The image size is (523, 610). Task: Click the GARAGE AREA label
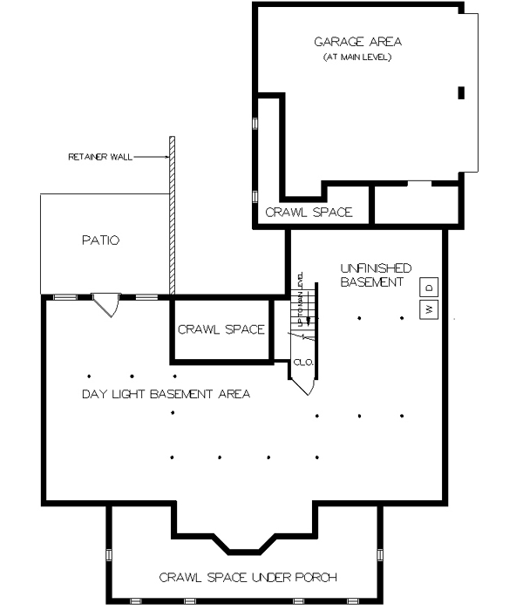click(x=358, y=42)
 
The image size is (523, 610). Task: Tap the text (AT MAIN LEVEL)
click(x=358, y=58)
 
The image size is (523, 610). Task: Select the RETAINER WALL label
click(x=100, y=157)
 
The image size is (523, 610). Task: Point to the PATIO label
click(x=100, y=240)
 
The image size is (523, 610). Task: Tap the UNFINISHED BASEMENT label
click(x=376, y=275)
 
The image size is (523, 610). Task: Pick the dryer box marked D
click(x=430, y=288)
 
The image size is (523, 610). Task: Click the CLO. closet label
click(x=302, y=363)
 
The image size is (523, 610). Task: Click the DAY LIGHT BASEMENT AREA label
click(x=166, y=395)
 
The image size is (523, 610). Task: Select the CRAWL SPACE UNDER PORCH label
click(x=248, y=577)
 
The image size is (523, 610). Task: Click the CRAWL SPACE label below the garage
click(x=309, y=212)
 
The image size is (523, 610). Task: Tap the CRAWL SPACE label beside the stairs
click(x=221, y=329)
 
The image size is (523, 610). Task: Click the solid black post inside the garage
click(x=461, y=92)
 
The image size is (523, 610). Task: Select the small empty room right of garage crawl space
click(x=415, y=205)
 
